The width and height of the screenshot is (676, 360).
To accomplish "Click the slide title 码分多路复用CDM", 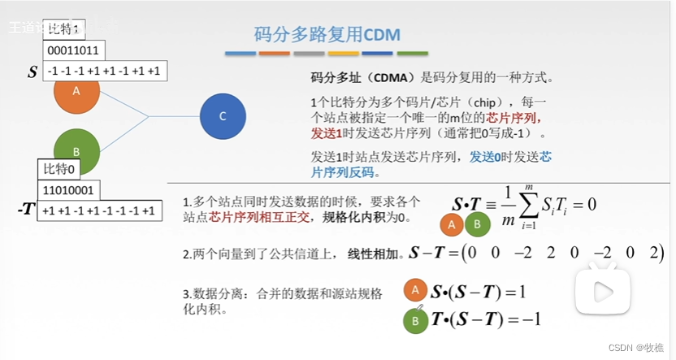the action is pyautogui.click(x=327, y=35).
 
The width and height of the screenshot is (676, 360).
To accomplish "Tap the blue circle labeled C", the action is pyautogui.click(x=223, y=116).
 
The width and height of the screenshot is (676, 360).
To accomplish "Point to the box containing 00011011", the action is pyautogui.click(x=72, y=50).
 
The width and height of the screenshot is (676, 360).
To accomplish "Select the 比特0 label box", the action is pyautogui.click(x=61, y=169).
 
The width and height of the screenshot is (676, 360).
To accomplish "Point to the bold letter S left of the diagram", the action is pyautogui.click(x=32, y=72).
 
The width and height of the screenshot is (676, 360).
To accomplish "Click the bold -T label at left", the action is pyautogui.click(x=27, y=210).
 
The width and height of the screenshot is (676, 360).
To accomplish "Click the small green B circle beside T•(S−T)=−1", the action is pyautogui.click(x=415, y=320).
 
